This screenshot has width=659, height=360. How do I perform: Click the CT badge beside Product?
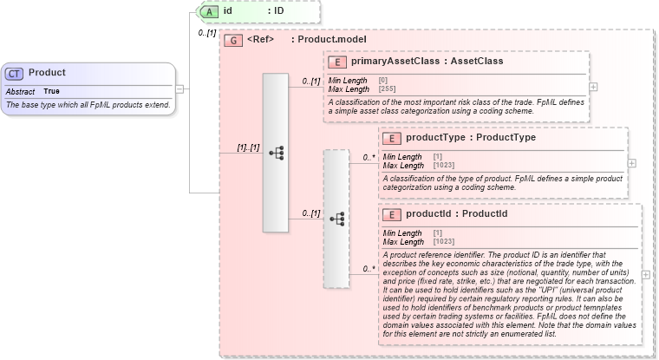(16, 73)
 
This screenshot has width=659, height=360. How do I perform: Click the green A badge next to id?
(209, 11)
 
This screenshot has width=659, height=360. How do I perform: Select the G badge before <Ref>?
(232, 40)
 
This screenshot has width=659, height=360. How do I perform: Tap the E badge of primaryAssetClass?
(337, 62)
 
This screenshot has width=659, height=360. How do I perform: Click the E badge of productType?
(392, 138)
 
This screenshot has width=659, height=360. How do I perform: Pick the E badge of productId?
(392, 214)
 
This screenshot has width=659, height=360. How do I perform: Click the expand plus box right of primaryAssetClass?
(593, 87)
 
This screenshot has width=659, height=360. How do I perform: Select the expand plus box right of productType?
(631, 163)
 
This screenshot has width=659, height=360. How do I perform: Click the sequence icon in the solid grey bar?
(276, 153)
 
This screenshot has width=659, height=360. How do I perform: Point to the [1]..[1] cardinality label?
(248, 147)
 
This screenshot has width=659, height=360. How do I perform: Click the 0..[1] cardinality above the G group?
(206, 33)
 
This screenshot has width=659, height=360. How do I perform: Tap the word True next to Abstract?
(52, 91)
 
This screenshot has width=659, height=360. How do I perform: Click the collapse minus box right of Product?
(179, 88)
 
